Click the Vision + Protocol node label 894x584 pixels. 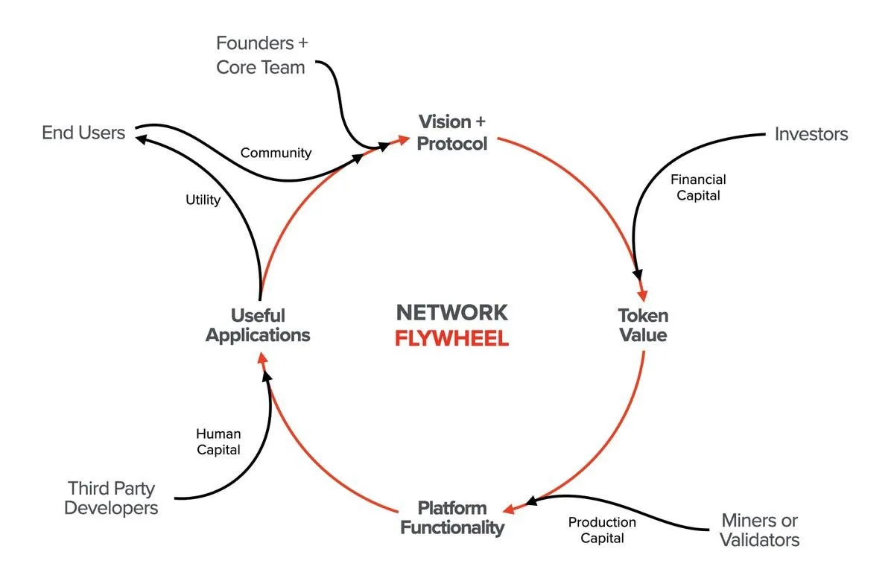452,133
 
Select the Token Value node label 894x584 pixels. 642,325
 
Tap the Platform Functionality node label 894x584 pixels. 452,518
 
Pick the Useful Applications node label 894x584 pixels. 258,325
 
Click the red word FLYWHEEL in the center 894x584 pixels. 451,338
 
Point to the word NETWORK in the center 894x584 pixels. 451,312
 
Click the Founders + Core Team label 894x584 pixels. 261,55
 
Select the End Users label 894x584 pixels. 83,133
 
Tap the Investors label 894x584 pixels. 811,134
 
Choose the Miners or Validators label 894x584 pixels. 760,530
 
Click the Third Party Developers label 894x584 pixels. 112,498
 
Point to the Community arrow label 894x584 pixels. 276,153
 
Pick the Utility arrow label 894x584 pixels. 203,200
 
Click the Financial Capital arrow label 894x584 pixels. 698,187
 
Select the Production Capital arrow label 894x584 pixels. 602,530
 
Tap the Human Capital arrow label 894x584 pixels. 218,442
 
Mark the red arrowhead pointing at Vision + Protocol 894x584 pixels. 403,139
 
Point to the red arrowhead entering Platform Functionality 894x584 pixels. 509,510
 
